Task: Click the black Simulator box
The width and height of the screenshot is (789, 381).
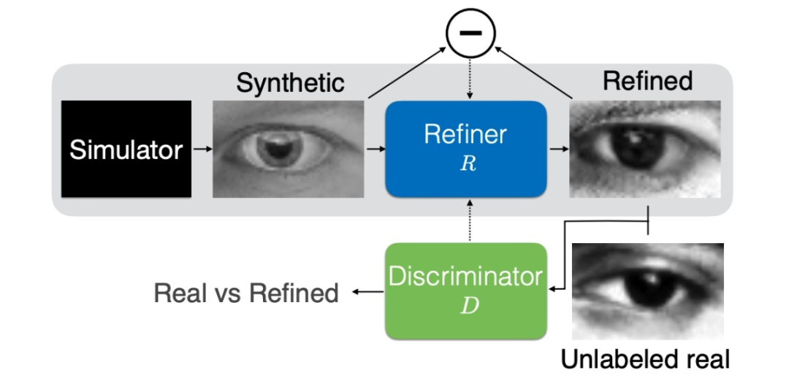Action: [126, 149]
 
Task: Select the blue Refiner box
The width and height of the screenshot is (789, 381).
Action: [466, 149]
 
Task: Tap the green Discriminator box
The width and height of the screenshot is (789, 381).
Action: [466, 290]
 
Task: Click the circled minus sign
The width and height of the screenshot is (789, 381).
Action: [470, 33]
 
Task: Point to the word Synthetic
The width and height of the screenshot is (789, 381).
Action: [290, 82]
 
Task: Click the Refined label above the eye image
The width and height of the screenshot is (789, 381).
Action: [647, 80]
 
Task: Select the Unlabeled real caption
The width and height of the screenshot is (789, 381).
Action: [645, 359]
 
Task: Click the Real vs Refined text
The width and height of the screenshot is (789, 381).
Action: [246, 293]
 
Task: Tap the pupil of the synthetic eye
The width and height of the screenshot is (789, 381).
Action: [278, 149]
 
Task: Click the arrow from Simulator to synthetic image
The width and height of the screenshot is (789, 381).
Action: [202, 149]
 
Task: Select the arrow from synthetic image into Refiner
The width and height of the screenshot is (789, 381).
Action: [375, 149]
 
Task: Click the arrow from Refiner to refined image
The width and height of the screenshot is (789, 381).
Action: [559, 149]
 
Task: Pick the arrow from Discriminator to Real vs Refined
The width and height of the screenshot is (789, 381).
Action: [367, 293]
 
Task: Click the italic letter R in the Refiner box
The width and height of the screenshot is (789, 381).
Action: [468, 164]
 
